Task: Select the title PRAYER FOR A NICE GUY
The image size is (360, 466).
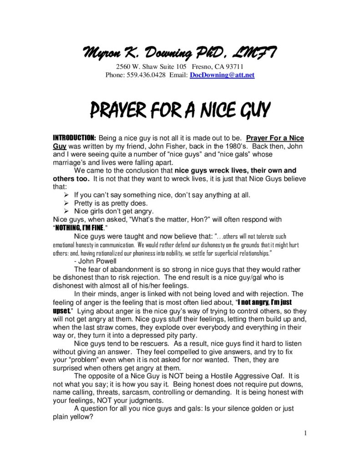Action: coord(180,110)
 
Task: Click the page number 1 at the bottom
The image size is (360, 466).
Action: coord(305,433)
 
